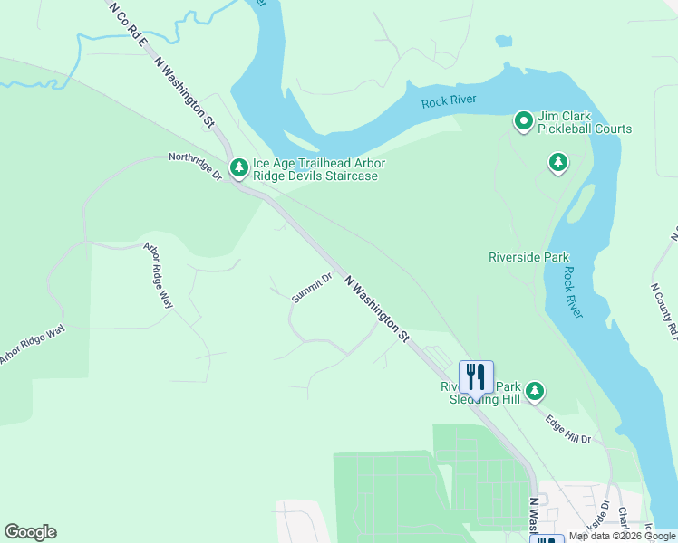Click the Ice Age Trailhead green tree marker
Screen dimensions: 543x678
[238, 167]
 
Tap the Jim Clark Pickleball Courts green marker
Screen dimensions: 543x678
[523, 120]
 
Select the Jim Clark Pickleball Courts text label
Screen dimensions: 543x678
[585, 123]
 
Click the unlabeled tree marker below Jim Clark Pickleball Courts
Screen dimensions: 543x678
[558, 163]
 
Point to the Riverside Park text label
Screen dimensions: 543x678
[528, 257]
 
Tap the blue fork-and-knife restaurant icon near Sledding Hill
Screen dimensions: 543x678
[476, 376]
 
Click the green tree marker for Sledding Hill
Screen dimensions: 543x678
[536, 391]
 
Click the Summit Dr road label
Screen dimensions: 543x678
[312, 288]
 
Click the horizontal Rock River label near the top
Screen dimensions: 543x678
[449, 100]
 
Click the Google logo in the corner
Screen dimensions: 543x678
[30, 532]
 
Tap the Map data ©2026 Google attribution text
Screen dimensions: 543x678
[622, 537]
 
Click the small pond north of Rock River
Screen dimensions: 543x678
[503, 42]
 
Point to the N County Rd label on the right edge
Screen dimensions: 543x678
[663, 312]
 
